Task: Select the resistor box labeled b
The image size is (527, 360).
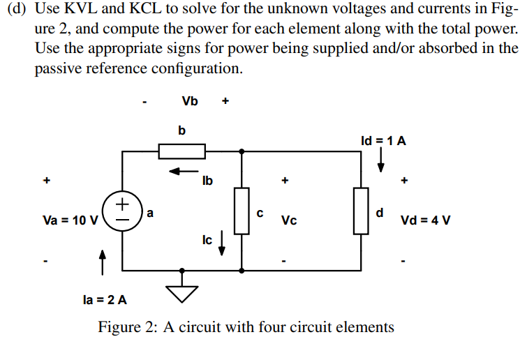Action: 181,151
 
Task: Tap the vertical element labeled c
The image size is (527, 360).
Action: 242,211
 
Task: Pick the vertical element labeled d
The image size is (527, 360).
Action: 361,211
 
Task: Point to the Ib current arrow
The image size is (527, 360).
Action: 184,170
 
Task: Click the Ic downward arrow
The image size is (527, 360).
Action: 222,243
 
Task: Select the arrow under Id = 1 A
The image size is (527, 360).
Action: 381,160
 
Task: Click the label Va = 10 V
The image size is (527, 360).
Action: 70,220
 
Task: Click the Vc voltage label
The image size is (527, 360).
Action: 289,220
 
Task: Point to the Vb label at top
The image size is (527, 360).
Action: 189,101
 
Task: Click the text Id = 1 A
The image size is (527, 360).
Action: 383,140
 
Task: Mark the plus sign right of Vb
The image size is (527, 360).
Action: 225,101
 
